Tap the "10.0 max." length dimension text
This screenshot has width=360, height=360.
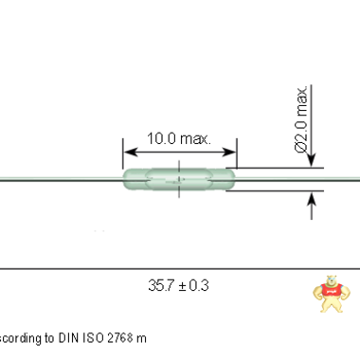[179, 139]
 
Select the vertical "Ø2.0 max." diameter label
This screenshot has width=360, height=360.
[302, 120]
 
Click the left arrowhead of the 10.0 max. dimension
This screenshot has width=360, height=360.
[127, 152]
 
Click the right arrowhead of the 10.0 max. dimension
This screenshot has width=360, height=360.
[231, 152]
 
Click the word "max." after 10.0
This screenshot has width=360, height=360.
[196, 139]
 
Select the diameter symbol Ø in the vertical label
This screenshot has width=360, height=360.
[302, 146]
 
